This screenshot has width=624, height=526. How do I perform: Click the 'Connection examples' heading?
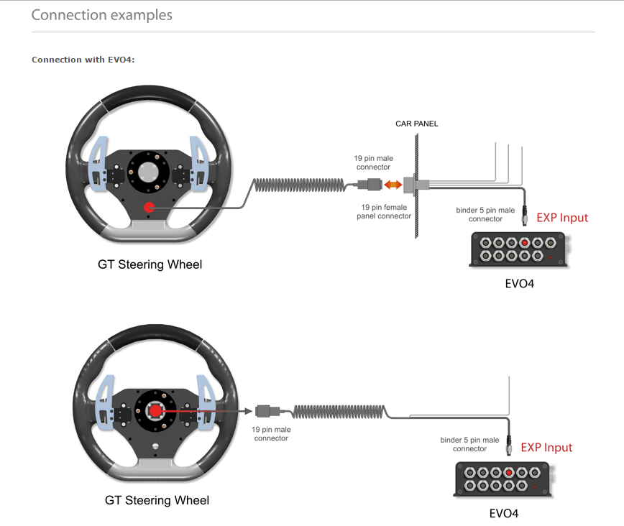tap(102, 15)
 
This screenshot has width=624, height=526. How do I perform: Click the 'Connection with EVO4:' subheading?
tap(83, 60)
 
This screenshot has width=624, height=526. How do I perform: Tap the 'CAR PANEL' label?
tap(417, 124)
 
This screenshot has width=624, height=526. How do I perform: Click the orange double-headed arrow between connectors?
tap(393, 185)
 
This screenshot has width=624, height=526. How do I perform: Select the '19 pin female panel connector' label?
tap(384, 212)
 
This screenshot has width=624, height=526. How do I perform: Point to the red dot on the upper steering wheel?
tap(150, 207)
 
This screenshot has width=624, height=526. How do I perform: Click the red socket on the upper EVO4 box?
tap(525, 243)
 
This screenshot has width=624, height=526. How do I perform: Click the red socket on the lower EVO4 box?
tap(508, 473)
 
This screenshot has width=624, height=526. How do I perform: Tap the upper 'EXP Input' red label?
tap(562, 218)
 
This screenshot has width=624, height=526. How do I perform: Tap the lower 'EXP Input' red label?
tap(546, 447)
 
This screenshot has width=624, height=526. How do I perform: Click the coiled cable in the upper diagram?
tap(300, 185)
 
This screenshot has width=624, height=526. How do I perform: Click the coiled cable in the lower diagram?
tap(339, 412)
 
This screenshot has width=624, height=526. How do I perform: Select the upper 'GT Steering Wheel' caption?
tap(150, 264)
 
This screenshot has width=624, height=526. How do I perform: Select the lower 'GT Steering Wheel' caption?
tap(157, 500)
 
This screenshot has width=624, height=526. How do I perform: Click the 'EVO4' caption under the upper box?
tap(519, 284)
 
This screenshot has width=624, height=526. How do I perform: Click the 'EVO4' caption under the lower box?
tap(504, 513)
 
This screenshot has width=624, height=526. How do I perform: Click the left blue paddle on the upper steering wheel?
tap(97, 164)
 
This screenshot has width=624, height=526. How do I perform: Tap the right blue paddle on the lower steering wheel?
tap(206, 402)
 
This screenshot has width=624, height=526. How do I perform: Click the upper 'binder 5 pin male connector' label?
tap(485, 214)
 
